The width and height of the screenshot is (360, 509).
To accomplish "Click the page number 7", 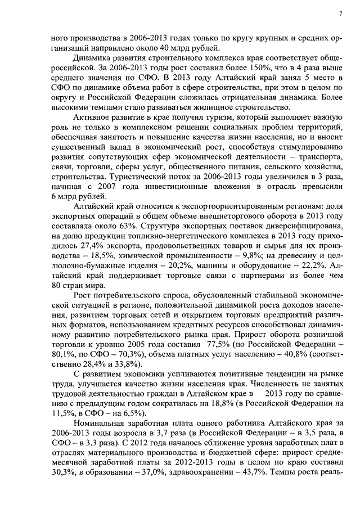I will [341, 13].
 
